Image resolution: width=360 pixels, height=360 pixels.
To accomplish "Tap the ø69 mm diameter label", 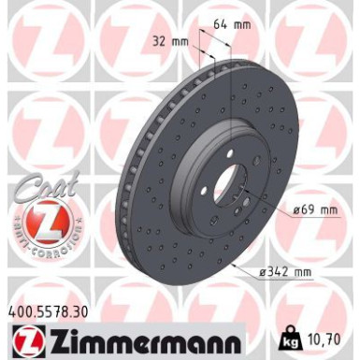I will tap(314, 209).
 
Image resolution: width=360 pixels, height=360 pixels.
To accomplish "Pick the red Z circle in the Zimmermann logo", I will tap(22, 340).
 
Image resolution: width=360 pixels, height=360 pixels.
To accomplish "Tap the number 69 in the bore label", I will tap(310, 209).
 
